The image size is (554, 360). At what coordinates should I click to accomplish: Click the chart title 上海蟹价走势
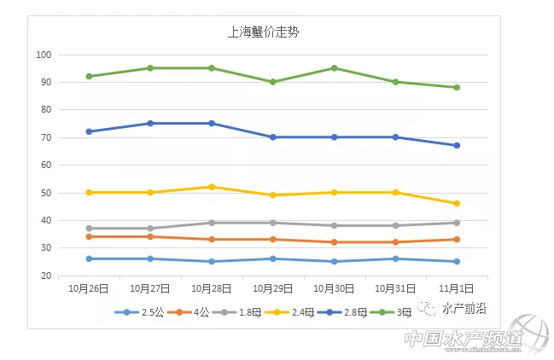coord(263,33)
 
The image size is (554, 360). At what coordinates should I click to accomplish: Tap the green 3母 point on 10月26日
coord(89,76)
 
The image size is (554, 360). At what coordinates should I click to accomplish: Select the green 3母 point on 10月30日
coord(334,68)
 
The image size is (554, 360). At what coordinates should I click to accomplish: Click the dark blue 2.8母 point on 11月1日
coord(457,145)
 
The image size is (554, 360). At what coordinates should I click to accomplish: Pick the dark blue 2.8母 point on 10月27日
coord(150,123)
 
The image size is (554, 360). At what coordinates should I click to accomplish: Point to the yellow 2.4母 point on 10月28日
coord(212,187)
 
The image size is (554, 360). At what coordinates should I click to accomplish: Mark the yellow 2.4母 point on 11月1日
coord(457,203)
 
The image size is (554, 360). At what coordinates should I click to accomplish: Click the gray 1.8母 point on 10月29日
coord(272,223)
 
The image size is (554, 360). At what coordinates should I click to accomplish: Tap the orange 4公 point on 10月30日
coord(334,242)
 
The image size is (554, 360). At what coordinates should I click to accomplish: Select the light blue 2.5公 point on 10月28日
coord(212,261)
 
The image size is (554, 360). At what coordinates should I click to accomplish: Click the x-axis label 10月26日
coord(89,288)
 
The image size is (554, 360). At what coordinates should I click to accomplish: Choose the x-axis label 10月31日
coord(395,288)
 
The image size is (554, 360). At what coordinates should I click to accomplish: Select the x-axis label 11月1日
coord(457,288)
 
